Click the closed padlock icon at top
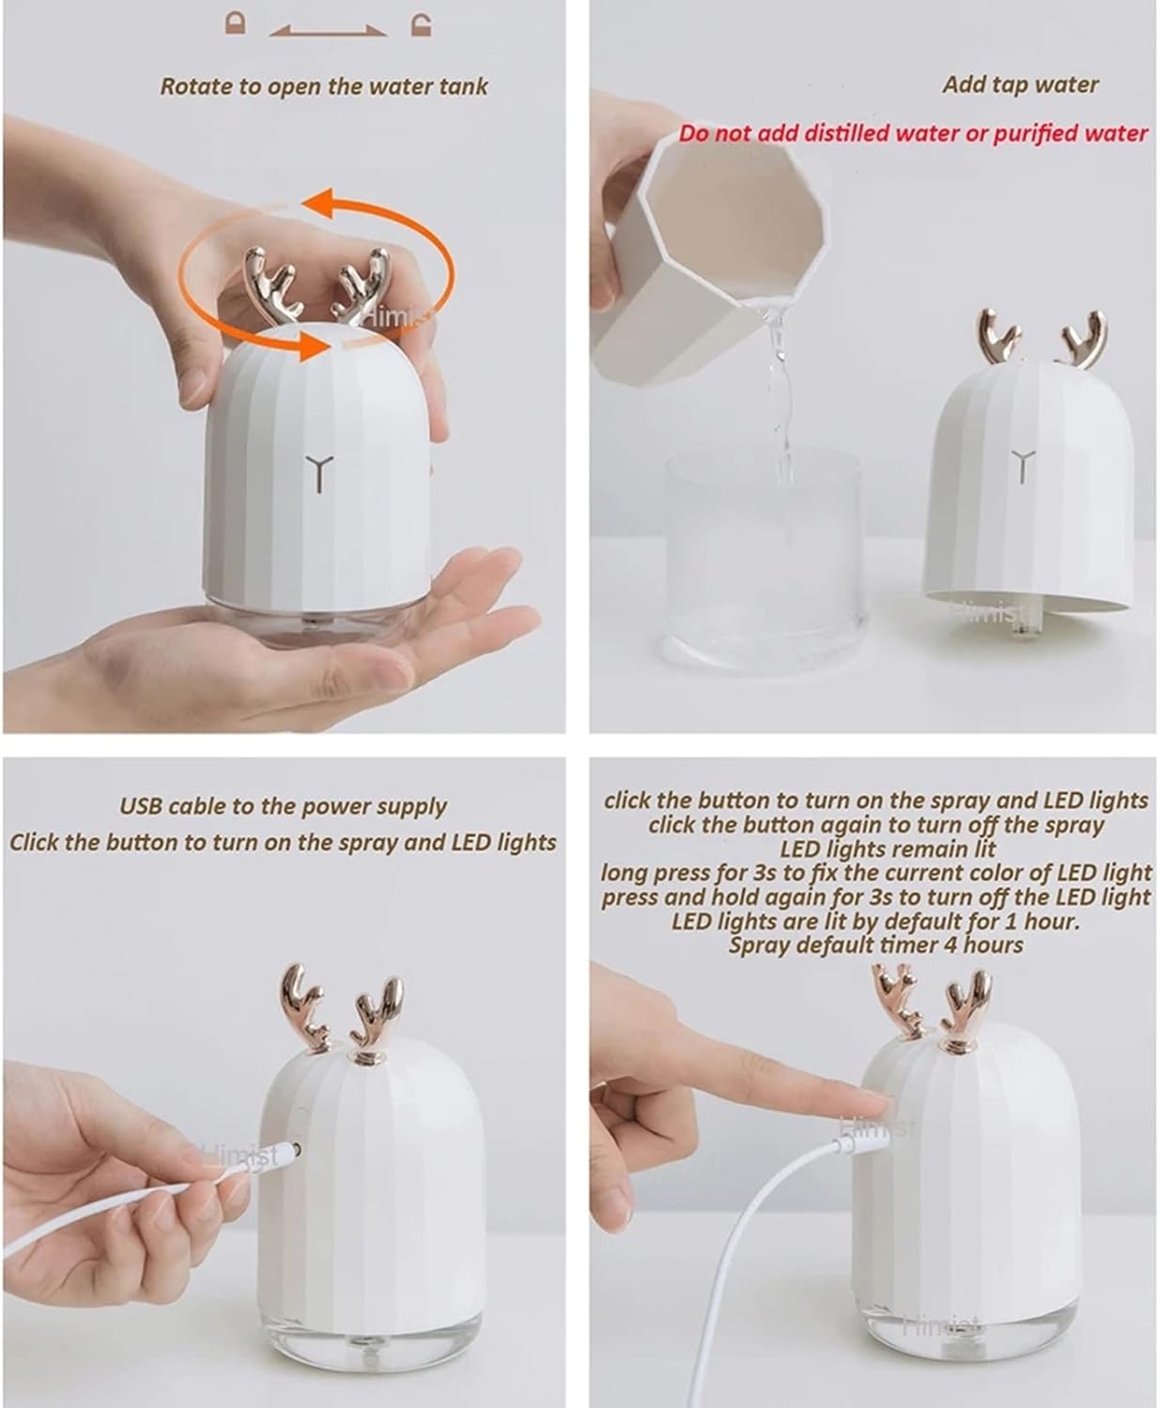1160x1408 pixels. click(237, 23)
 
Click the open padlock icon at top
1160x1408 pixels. click(422, 23)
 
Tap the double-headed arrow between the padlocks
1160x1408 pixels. click(328, 31)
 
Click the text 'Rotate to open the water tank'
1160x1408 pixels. click(324, 86)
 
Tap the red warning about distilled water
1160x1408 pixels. click(913, 133)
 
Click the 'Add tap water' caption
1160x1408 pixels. click(1020, 84)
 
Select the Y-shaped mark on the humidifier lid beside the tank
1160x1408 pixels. click(1021, 466)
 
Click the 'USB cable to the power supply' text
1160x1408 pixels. click(283, 806)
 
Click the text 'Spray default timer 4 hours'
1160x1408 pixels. click(875, 945)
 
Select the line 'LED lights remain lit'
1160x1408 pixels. click(874, 849)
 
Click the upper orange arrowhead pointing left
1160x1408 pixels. click(324, 200)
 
